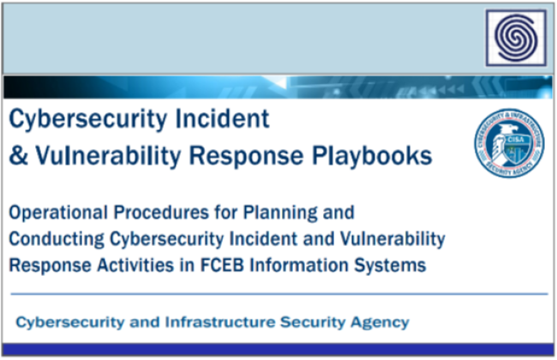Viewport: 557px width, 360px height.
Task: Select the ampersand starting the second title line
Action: (x=17, y=156)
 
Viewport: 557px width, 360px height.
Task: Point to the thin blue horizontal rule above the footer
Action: (x=278, y=295)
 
